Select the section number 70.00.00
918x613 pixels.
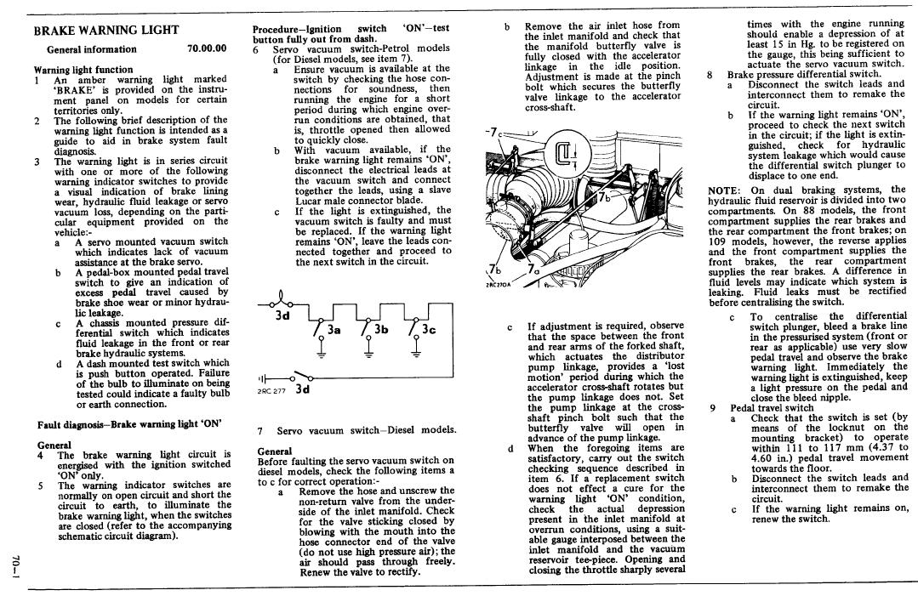pos(207,49)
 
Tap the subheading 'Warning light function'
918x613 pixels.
pos(83,70)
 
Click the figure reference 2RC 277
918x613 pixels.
pos(271,392)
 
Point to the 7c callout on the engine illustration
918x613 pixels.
pos(491,132)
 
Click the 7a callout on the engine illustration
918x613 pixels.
pos(534,271)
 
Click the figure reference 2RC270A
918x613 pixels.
pos(499,285)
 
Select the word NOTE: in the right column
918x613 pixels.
pos(726,190)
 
